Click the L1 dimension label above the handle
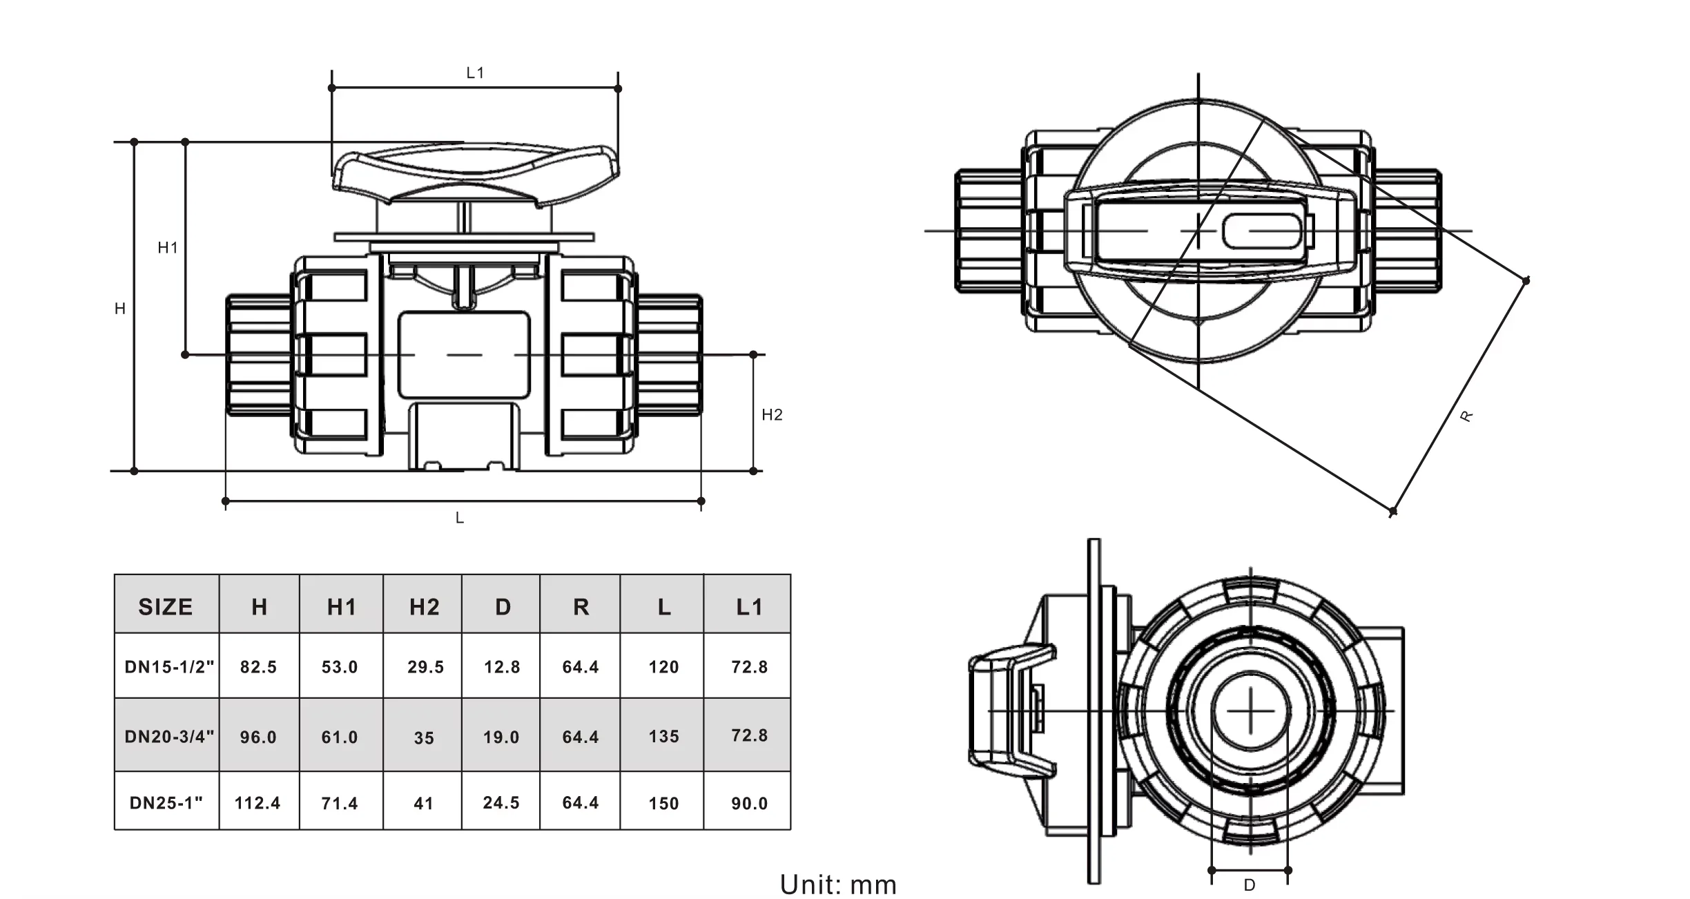[x=475, y=73]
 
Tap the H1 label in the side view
[x=168, y=248]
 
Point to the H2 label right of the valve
[x=772, y=415]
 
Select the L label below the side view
[x=460, y=519]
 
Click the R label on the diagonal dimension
[x=1466, y=416]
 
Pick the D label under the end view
[x=1250, y=885]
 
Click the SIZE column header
[x=166, y=607]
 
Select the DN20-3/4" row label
[x=169, y=737]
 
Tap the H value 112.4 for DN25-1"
[x=258, y=803]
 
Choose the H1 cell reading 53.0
[x=340, y=667]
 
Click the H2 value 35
[x=424, y=738]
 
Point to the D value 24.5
[x=501, y=803]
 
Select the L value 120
[x=663, y=667]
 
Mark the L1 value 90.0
[x=749, y=804]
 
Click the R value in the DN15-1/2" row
[x=581, y=667]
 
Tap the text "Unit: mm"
[x=838, y=884]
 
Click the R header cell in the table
[x=581, y=607]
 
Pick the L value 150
[x=663, y=804]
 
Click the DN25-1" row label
[x=166, y=803]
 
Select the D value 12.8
[x=502, y=667]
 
